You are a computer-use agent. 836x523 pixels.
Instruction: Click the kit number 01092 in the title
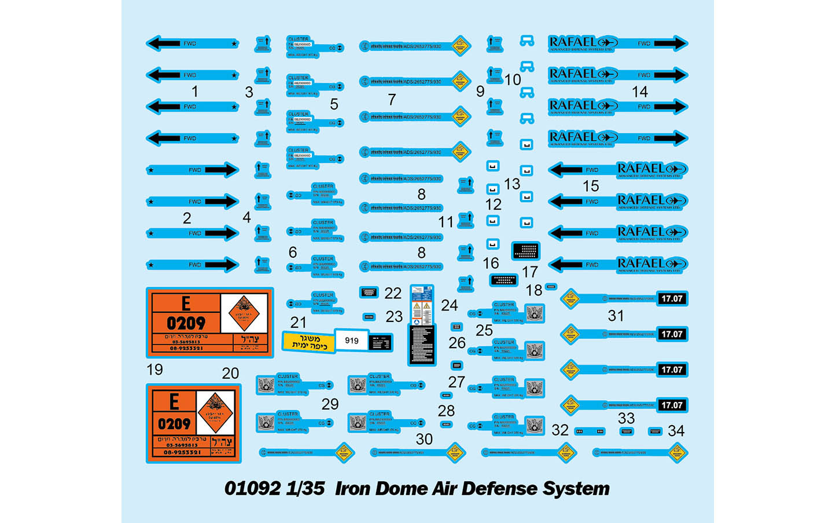point(252,488)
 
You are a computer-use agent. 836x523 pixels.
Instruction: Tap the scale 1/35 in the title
point(305,488)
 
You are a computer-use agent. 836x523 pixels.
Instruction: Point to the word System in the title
point(576,488)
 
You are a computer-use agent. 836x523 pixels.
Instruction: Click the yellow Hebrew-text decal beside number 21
point(308,342)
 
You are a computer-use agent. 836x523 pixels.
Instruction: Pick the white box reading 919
point(352,341)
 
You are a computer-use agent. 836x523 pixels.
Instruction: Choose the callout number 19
point(154,370)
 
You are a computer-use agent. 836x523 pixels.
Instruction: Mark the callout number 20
point(230,374)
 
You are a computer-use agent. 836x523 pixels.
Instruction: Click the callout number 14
point(639,92)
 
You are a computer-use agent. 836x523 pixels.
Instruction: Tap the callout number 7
point(392,100)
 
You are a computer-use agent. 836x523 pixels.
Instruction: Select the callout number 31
point(616,316)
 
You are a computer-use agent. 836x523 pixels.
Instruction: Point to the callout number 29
point(330,404)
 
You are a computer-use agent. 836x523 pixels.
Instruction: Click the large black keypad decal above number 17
point(525,251)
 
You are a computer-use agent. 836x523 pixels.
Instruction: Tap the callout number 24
point(449,305)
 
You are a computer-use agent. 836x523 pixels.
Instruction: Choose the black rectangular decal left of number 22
point(369,292)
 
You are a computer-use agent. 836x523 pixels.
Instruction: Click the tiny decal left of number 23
point(369,317)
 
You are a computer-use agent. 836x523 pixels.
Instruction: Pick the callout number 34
point(676,431)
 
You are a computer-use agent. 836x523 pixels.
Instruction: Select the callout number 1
point(195,92)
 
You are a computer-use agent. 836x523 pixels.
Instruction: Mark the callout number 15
point(590,186)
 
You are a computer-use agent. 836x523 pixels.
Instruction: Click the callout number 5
point(334,104)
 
